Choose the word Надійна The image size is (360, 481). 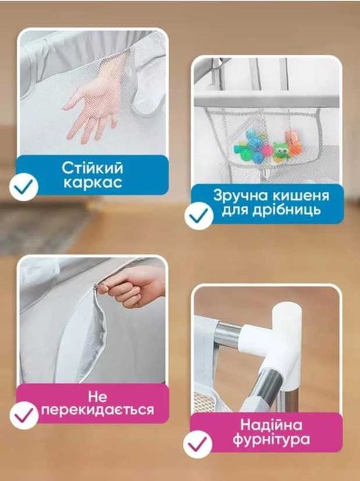pos(275,424)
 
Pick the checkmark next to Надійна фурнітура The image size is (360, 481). pos(196,443)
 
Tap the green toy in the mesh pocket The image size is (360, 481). pos(280,148)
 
